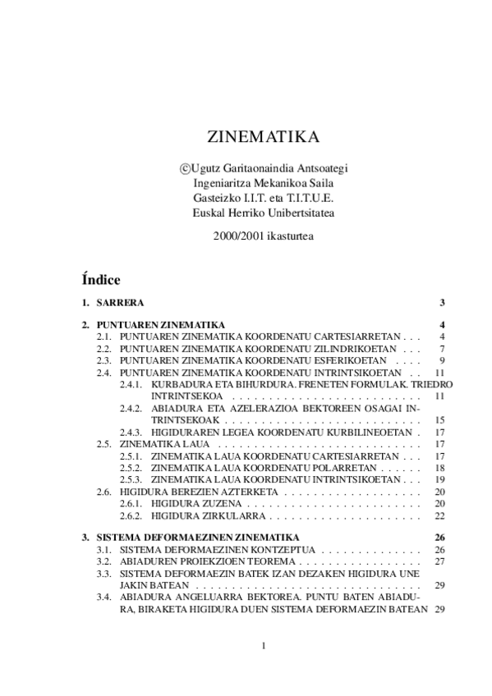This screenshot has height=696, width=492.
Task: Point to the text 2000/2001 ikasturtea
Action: pyautogui.click(x=262, y=236)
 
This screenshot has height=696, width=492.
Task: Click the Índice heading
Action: pyautogui.click(x=101, y=279)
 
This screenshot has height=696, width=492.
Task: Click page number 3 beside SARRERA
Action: pyautogui.click(x=442, y=303)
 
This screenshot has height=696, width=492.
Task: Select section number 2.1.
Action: pyautogui.click(x=104, y=337)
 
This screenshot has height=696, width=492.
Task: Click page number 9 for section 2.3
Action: pyautogui.click(x=442, y=360)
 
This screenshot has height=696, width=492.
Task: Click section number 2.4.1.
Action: pyautogui.click(x=131, y=384)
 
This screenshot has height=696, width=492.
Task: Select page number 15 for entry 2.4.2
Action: pyautogui.click(x=439, y=419)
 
